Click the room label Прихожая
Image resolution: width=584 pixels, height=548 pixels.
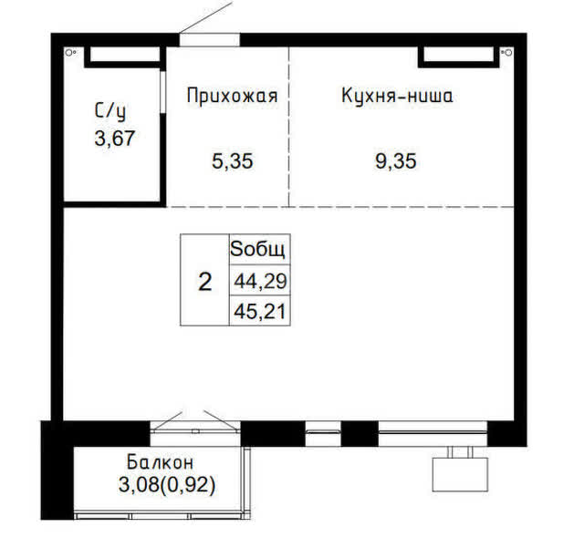click(x=233, y=96)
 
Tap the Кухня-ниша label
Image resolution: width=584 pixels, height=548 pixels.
click(x=397, y=96)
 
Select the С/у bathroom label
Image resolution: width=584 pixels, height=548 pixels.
click(x=110, y=111)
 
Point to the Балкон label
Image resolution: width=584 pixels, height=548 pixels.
click(x=161, y=462)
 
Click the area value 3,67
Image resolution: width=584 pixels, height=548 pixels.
click(x=114, y=139)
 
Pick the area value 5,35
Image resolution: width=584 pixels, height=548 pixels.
click(x=233, y=161)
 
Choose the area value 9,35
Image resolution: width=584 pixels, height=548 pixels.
click(x=395, y=161)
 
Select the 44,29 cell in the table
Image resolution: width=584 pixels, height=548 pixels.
click(x=259, y=280)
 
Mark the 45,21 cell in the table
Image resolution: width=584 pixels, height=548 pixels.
click(x=259, y=311)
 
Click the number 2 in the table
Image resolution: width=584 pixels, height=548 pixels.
click(x=204, y=281)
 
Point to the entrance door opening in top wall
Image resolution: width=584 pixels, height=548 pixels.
click(x=210, y=40)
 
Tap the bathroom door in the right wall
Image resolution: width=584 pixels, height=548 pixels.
click(x=162, y=91)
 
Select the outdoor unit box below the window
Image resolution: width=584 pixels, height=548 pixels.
click(x=460, y=474)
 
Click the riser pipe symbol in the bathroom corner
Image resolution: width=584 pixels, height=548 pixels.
click(x=69, y=53)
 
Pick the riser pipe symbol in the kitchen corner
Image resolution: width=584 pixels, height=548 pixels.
click(x=507, y=53)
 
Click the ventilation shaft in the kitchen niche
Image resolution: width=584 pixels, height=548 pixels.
click(x=459, y=57)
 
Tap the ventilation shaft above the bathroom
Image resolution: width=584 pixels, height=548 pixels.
click(x=125, y=57)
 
